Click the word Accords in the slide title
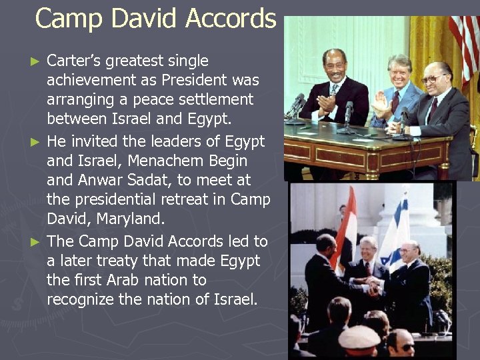click(x=230, y=19)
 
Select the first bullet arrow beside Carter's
click(x=37, y=61)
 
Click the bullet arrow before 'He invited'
click(x=37, y=142)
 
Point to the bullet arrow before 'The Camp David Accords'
click(x=37, y=241)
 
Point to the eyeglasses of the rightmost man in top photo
click(x=433, y=79)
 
